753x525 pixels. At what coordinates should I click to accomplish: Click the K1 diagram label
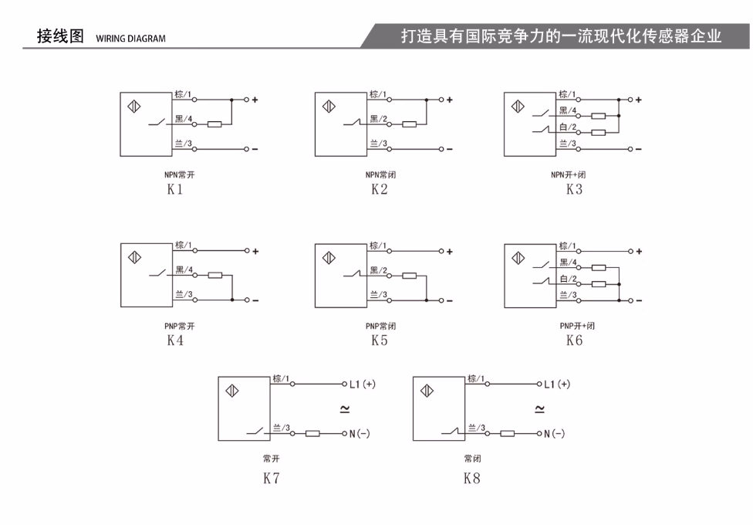tap(175, 189)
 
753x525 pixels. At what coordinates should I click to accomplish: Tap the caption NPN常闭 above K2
tap(381, 174)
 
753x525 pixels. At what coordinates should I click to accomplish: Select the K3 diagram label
tap(574, 189)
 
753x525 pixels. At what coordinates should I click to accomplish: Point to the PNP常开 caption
tap(180, 326)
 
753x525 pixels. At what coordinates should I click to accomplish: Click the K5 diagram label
tap(380, 340)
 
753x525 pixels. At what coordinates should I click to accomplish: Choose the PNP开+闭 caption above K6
tap(577, 326)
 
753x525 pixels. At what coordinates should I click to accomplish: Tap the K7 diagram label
tap(272, 479)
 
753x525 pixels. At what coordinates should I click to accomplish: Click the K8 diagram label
tap(472, 479)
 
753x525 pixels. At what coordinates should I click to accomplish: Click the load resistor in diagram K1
tap(214, 124)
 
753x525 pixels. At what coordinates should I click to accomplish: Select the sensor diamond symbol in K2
tap(329, 107)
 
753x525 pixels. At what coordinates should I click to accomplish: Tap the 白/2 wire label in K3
tap(568, 127)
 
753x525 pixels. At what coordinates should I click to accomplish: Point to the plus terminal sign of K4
tap(255, 251)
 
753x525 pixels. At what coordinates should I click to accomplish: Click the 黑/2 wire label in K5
tap(378, 271)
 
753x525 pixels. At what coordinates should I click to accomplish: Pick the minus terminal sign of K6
tap(639, 301)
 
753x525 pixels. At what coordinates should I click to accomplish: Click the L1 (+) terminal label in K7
tap(363, 384)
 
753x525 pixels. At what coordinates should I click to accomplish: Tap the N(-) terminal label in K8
tap(554, 434)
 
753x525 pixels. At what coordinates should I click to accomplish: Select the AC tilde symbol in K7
tap(345, 409)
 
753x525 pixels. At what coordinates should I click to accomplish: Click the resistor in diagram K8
tap(508, 434)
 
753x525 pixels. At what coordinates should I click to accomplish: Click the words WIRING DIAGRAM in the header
tap(130, 39)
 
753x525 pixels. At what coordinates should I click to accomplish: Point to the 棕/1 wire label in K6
tap(568, 246)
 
